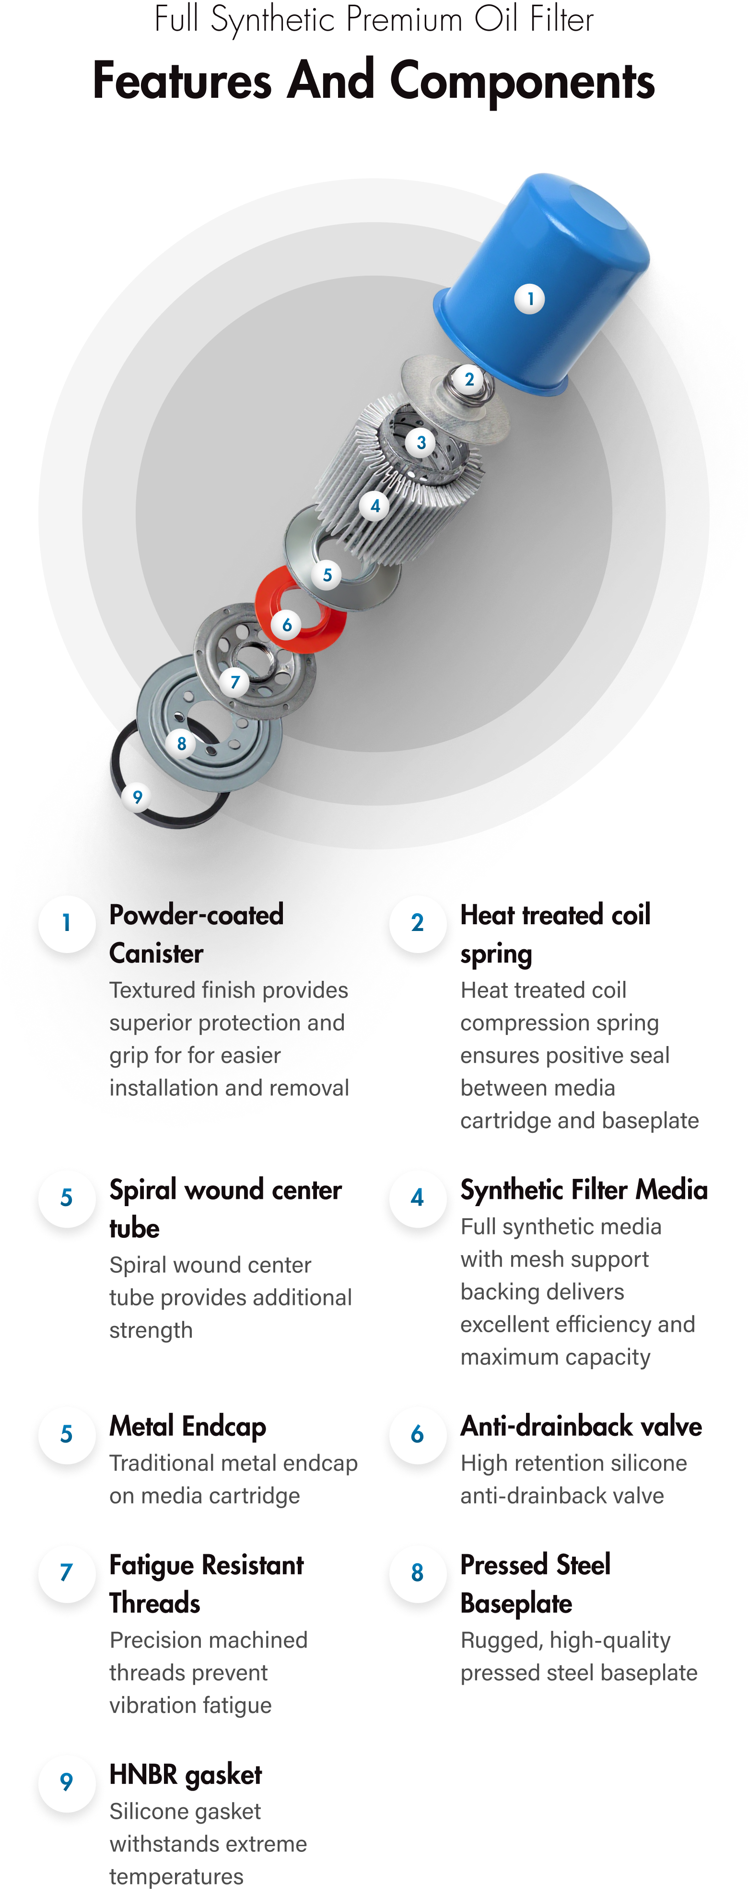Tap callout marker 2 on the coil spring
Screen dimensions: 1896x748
[469, 380]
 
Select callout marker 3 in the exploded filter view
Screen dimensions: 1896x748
[421, 443]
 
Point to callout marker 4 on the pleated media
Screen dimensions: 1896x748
[375, 506]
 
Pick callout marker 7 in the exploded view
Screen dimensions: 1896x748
[235, 682]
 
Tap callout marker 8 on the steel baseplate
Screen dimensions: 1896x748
[182, 744]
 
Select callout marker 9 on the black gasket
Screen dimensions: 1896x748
[137, 797]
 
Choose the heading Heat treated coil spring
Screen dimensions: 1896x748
[555, 934]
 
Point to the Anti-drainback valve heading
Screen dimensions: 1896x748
[581, 1426]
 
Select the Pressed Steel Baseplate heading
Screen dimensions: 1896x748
[535, 1583]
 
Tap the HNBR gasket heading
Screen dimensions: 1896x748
[186, 1775]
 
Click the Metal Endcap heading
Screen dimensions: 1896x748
[188, 1426]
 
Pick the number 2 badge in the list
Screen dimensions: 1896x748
[418, 923]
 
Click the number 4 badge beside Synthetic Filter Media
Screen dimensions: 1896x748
[418, 1198]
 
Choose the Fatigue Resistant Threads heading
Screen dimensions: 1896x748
[206, 1583]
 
